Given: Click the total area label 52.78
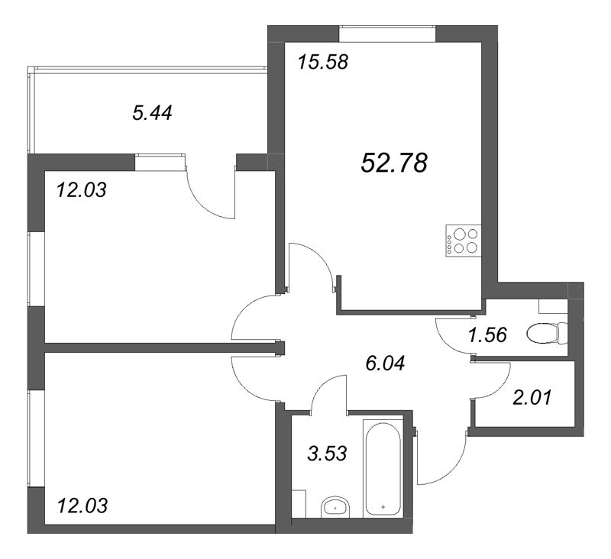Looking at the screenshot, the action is pos(394,163).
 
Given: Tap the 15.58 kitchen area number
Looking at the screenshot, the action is pos(322,63).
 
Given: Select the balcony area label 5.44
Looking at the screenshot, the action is pos(152,113).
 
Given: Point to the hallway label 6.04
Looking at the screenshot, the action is pos(386,363).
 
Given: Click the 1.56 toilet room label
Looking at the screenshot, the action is pos(487,335).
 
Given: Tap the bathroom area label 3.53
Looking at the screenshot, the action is pos(327,454).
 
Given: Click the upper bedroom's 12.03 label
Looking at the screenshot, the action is pos(82,190).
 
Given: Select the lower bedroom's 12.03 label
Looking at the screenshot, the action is pos(82,506).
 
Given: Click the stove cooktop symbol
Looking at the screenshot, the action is pos(464,241).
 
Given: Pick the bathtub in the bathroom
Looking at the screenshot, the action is pos(383,467).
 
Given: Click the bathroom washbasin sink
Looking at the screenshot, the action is pos(335,507).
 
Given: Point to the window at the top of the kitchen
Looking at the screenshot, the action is pos(387,34).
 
